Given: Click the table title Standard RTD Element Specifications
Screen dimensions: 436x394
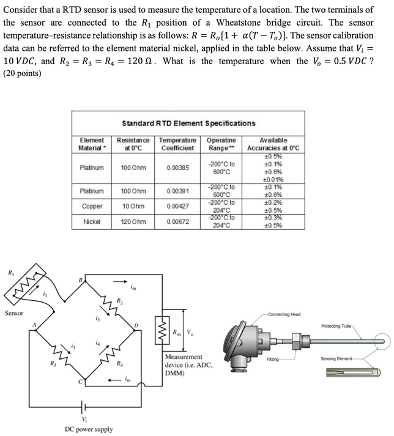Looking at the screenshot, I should point(188,123).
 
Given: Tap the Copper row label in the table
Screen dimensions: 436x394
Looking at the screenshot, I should point(91,206).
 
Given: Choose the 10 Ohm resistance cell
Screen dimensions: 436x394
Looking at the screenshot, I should point(132,206).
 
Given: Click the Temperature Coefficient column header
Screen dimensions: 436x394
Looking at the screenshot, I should point(177,144).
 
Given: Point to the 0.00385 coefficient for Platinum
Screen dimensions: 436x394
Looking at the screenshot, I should point(177,167).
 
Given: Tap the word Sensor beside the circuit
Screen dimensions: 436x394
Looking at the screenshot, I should point(14,312).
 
